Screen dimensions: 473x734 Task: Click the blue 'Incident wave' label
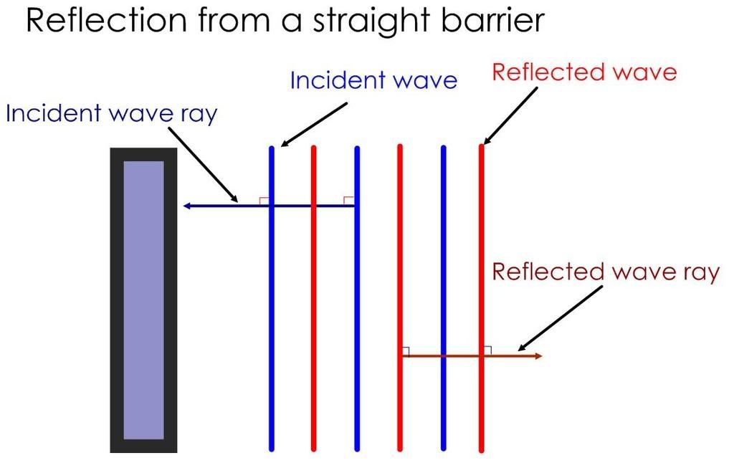[x=373, y=80]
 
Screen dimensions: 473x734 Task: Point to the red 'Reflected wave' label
[x=583, y=72]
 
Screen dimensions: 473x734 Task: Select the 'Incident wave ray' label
[x=110, y=113]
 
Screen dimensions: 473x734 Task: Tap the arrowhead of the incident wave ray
[x=186, y=206]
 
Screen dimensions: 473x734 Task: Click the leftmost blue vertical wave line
[x=272, y=301]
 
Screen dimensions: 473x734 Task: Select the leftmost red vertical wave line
[x=313, y=301]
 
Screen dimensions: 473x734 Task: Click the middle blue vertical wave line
[x=357, y=301]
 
